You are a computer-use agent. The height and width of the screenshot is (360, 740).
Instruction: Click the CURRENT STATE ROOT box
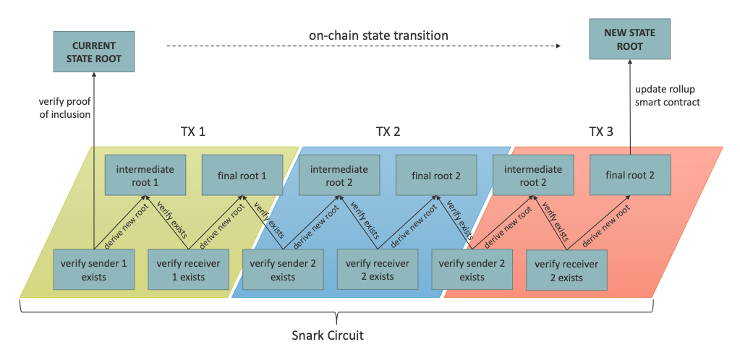coord(94,51)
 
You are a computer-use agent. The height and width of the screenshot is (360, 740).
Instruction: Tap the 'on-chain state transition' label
coord(378,35)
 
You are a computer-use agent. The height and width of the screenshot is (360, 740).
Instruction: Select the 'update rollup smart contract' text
coord(668,95)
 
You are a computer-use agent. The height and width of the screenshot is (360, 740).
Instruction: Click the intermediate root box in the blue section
coord(339,176)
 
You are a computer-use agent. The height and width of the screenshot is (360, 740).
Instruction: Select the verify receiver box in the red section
coord(566,270)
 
